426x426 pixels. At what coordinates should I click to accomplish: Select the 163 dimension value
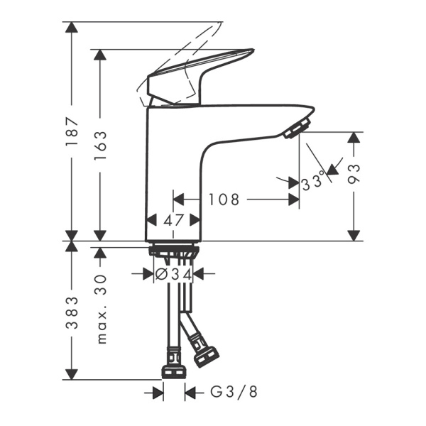pyautogui.click(x=100, y=146)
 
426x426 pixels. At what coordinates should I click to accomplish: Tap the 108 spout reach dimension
pyautogui.click(x=223, y=200)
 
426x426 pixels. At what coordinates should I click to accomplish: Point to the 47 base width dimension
pyautogui.click(x=173, y=221)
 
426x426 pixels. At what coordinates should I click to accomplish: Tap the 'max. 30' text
pyautogui.click(x=101, y=310)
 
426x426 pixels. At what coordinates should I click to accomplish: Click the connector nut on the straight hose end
pyautogui.click(x=173, y=365)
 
